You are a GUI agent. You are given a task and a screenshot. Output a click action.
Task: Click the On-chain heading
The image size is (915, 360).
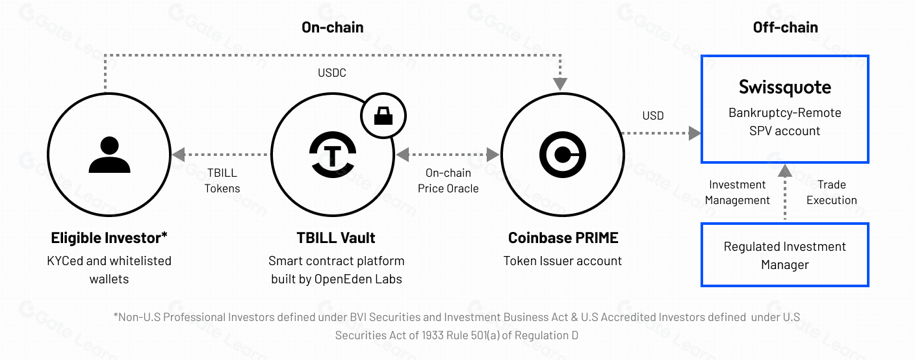333,27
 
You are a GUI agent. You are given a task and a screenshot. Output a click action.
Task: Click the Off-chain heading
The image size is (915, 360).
785,27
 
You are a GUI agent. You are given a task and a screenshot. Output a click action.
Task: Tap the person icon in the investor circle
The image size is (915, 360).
109,155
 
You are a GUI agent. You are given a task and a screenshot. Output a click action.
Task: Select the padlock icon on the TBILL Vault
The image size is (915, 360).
383,116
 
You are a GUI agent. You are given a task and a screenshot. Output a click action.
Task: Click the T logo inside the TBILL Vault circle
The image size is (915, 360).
333,155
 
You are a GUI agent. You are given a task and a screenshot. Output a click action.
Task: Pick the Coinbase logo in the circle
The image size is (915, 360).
563,155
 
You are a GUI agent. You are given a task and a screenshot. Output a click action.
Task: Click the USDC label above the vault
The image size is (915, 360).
331,73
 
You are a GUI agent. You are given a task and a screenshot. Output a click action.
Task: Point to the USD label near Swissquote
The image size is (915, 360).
652,116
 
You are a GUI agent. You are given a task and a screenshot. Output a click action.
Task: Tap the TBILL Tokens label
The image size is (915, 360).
222,181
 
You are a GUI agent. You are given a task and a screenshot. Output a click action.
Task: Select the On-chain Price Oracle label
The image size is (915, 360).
448,181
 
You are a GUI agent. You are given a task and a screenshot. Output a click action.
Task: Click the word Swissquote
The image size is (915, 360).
784,87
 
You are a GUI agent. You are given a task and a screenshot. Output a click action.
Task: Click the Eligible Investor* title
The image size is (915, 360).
109,238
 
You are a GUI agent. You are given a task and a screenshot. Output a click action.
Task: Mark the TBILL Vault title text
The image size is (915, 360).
336,238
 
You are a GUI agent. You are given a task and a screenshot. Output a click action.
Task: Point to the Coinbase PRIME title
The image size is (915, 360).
563,238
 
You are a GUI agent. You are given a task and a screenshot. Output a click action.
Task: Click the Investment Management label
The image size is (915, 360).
738,192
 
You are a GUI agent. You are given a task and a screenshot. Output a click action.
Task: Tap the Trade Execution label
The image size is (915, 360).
832,192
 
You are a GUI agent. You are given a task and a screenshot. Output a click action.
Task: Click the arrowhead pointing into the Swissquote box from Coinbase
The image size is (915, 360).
695,133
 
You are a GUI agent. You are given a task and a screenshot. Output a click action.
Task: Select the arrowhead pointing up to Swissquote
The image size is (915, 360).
784,171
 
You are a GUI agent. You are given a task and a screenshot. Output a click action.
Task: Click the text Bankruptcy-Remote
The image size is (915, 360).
784,113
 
